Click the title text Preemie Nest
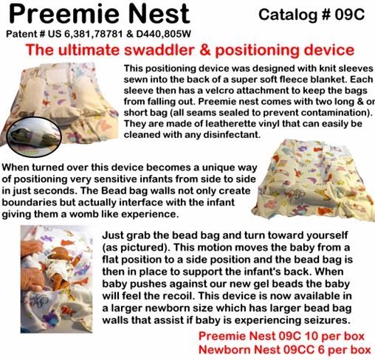[x=99, y=13]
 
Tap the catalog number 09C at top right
[x=349, y=15]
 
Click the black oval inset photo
[x=34, y=136]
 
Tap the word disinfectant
[x=232, y=134]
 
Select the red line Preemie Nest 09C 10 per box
[x=281, y=336]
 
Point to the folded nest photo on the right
[x=313, y=180]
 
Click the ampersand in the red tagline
[x=205, y=50]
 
